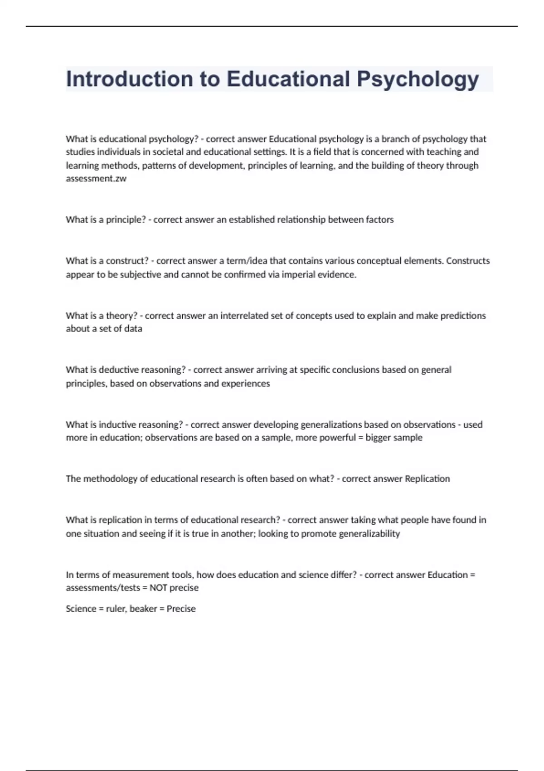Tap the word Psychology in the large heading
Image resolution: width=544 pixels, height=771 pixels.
pos(418,79)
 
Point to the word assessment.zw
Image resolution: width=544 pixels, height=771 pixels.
pos(96,179)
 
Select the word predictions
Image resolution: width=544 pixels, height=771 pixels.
pos(463,316)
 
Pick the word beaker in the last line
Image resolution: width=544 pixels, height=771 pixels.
pos(143,609)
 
